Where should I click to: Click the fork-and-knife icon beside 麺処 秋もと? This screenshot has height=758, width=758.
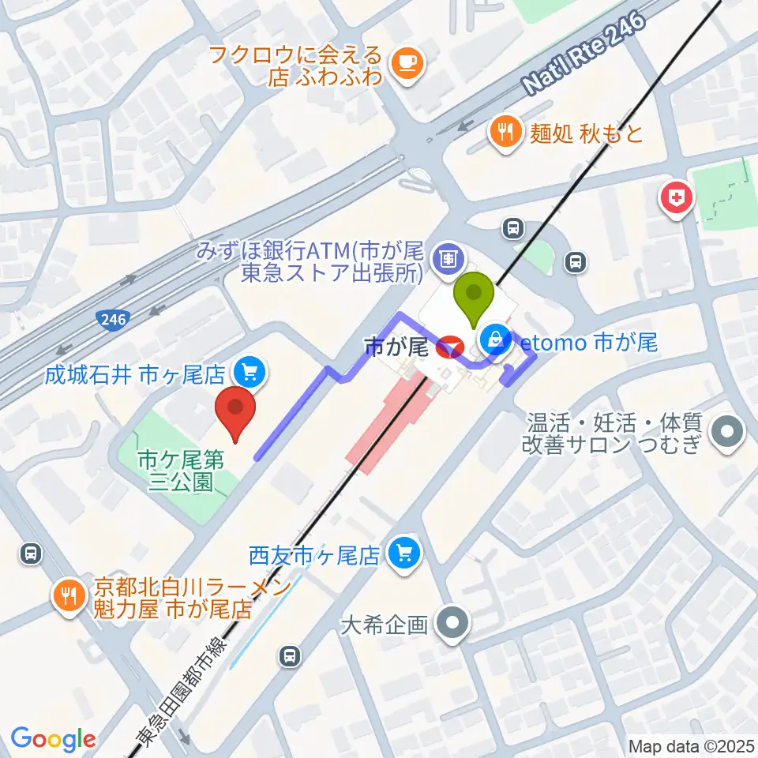(x=505, y=130)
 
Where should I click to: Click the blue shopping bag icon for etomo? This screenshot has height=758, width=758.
(x=494, y=341)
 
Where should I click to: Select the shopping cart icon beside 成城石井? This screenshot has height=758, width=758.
(x=252, y=370)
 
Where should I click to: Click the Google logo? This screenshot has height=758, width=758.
(x=53, y=740)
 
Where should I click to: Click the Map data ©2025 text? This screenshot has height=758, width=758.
(x=692, y=745)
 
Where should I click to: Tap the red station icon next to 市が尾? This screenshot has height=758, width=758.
(x=450, y=346)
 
